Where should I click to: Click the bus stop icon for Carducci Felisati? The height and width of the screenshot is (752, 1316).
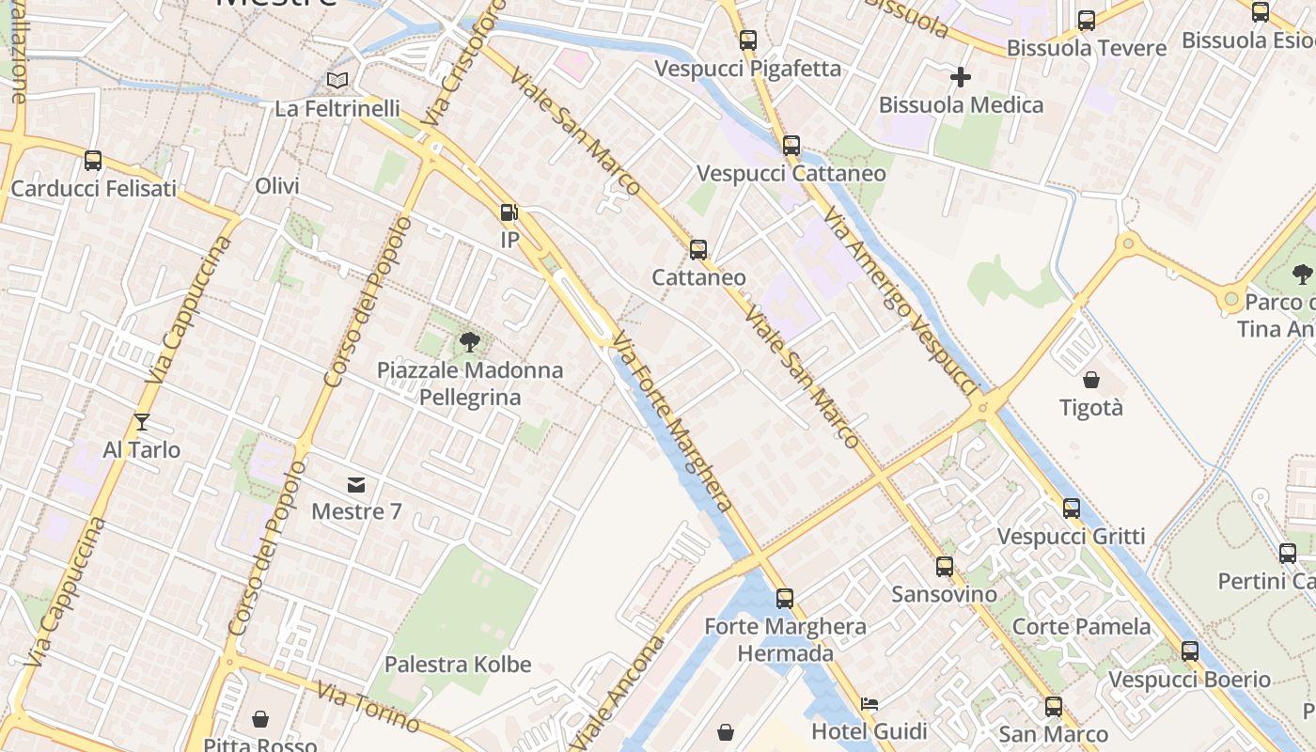[92, 161]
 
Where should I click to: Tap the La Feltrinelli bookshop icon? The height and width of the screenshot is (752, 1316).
[337, 81]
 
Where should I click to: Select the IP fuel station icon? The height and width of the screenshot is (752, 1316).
[509, 212]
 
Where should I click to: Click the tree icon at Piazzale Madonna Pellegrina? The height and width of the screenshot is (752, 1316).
[469, 341]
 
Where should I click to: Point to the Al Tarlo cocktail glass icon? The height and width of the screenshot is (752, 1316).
[142, 422]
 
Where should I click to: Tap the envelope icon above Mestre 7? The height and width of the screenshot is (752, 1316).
[356, 485]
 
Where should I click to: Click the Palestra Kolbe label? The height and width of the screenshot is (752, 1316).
[458, 665]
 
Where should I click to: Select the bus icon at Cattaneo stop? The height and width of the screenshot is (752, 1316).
[697, 249]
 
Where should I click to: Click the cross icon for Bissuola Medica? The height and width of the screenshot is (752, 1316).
[960, 76]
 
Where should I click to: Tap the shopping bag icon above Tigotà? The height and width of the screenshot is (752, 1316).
[1091, 380]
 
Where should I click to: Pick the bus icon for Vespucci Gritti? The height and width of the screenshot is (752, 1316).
[1071, 509]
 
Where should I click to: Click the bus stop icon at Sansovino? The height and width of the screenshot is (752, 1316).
[944, 567]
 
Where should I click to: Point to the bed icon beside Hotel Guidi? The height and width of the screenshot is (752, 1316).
[869, 703]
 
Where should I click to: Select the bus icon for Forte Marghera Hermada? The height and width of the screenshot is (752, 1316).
[784, 598]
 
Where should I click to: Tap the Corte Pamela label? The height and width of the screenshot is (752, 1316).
[1081, 626]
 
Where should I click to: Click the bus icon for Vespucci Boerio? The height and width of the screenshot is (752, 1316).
[1189, 650]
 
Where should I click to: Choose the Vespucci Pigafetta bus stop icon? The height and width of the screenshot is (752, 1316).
[747, 40]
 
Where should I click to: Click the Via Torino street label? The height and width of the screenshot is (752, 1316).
[368, 706]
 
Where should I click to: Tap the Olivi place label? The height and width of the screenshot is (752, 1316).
[277, 186]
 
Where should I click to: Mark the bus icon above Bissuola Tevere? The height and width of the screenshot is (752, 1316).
[1086, 20]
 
